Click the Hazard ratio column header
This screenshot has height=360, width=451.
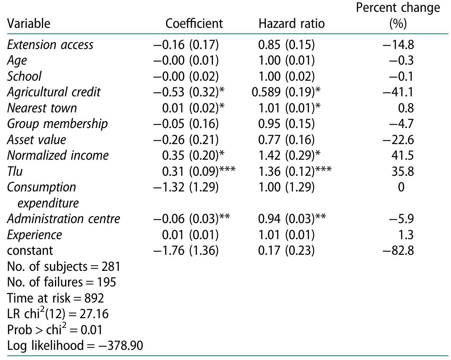tap(291, 23)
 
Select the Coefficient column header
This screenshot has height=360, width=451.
tap(194, 23)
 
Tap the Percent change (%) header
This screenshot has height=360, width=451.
tap(398, 16)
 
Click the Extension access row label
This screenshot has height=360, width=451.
tap(50, 44)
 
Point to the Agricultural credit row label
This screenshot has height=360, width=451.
tap(54, 92)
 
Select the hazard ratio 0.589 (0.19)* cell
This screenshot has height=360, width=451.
tap(286, 92)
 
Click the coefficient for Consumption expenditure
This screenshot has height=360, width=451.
tap(186, 187)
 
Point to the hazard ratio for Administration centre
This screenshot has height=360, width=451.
tap(290, 219)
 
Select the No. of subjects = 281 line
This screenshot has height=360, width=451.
tap(64, 267)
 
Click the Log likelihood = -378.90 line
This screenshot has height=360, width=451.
tap(75, 346)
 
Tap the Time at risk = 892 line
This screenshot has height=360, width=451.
tap(56, 298)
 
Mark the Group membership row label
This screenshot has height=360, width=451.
tap(57, 124)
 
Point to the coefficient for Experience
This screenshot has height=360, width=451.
tap(191, 235)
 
